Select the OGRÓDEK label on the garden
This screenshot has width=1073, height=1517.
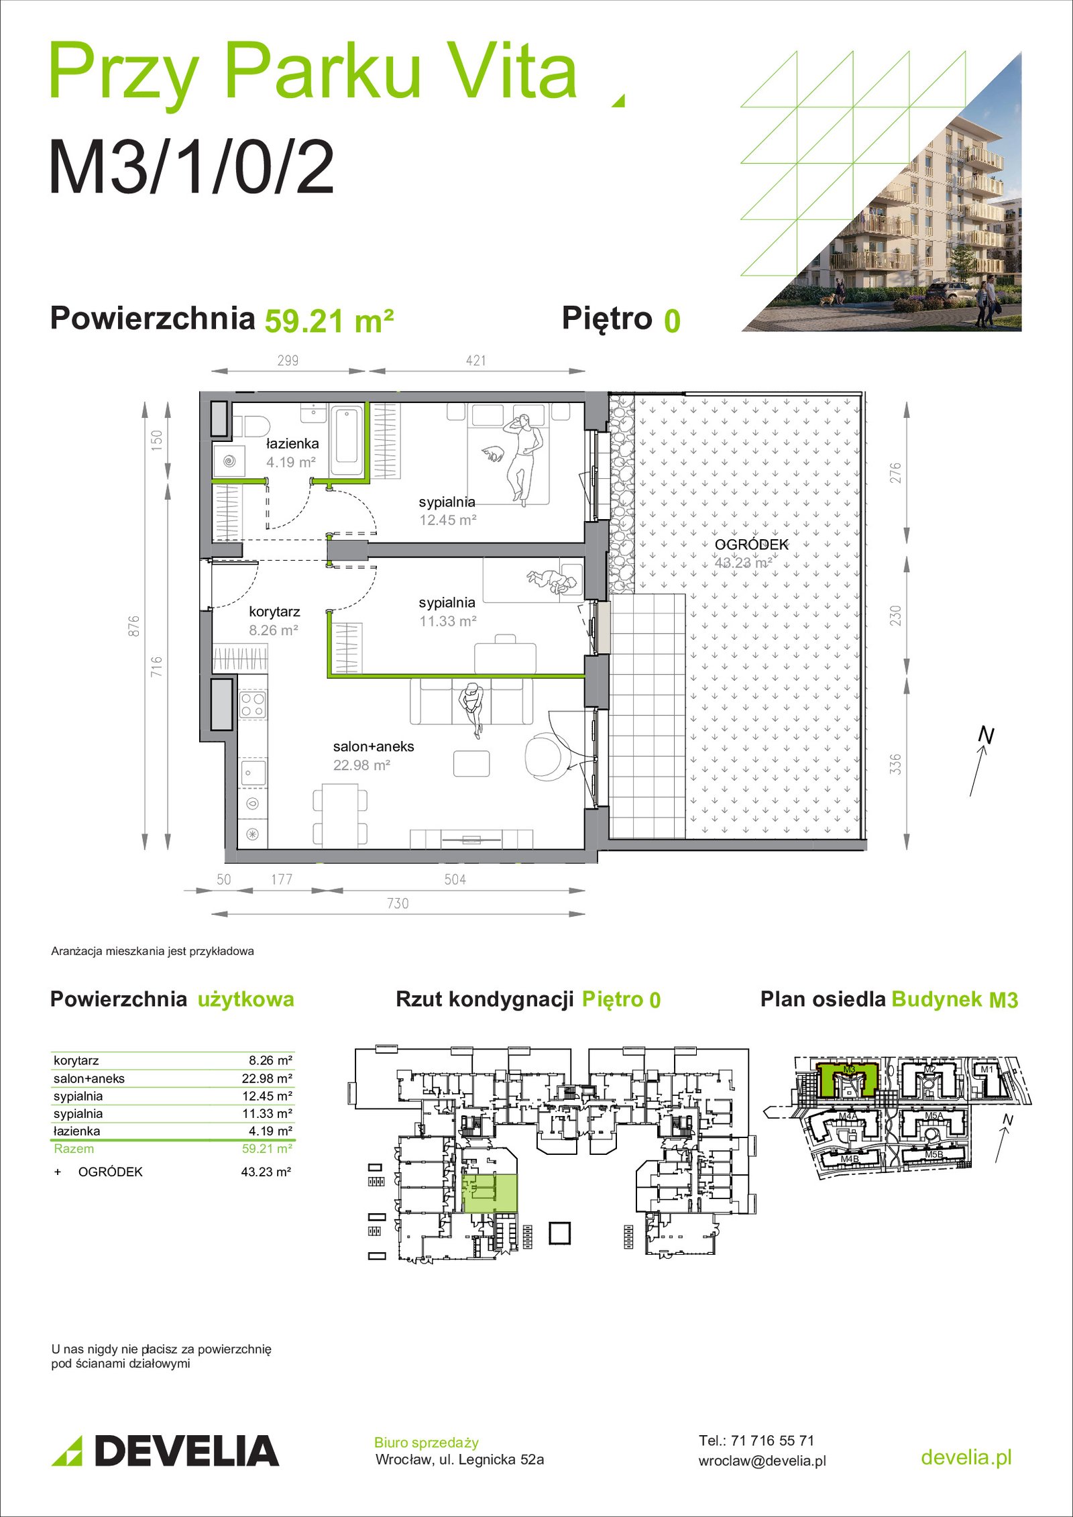751,545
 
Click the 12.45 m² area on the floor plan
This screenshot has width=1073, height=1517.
448,520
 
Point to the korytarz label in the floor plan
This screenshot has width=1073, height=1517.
274,612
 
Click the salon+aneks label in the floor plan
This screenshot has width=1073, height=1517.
374,746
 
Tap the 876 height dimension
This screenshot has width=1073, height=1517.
134,626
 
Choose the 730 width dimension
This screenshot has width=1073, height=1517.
398,903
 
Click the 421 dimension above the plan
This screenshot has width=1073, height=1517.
476,360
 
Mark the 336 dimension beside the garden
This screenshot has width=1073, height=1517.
895,765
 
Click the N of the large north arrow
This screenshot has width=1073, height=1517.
986,736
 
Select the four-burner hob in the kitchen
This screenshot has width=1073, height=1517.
253,704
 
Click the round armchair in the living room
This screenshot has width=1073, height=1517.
547,756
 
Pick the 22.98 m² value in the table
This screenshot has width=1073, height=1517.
267,1078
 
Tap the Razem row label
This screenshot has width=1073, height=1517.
74,1148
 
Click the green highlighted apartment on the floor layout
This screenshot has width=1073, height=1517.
490,1194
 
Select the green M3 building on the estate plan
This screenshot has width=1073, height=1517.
848,1078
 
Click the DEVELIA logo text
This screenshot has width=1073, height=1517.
186,1451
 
